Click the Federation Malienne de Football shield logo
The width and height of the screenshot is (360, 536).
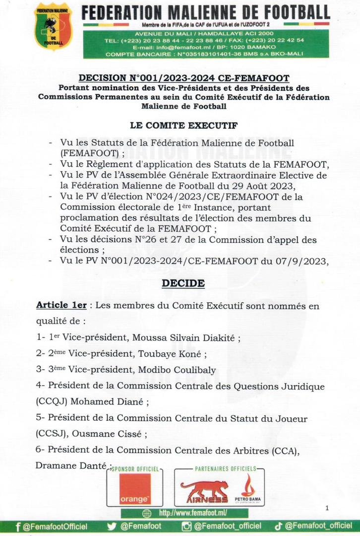pos(53,27)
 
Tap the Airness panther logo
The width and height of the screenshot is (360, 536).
pos(204,491)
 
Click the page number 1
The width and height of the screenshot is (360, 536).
pos(328,508)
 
